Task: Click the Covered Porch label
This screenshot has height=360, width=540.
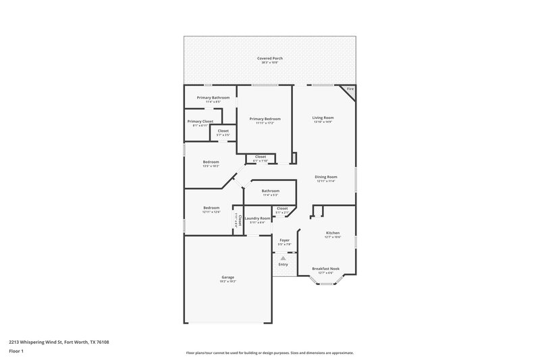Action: [269, 59]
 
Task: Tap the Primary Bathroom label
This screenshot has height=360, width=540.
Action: [213, 98]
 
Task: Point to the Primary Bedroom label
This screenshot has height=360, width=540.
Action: [265, 119]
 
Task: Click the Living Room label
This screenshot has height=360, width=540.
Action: [323, 118]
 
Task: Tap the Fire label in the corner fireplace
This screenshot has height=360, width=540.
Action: [350, 90]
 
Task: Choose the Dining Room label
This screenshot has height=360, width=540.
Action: [325, 177]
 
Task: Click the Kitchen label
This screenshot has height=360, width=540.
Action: [332, 232]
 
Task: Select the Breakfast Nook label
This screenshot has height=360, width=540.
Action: [326, 268]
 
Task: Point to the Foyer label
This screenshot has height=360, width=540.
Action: [284, 240]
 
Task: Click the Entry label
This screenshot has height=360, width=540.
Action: [283, 263]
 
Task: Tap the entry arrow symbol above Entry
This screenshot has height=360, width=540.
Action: [283, 257]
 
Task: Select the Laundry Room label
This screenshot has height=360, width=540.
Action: [258, 218]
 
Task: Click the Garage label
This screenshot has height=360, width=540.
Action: [227, 277]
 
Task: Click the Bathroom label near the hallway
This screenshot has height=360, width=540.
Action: [271, 190]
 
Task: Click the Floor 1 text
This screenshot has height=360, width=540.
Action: [15, 352]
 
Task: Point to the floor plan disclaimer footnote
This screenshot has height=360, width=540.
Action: [269, 353]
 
